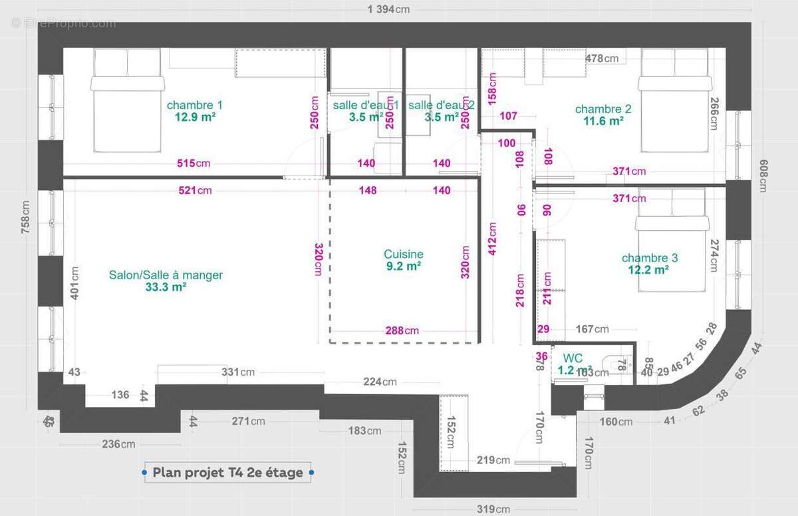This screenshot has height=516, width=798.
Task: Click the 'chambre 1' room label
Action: click(x=194, y=105)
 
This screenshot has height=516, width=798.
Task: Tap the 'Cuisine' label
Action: click(x=403, y=254)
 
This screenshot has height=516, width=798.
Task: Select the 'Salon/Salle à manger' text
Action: click(x=166, y=275)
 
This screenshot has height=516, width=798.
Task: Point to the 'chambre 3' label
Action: click(x=650, y=258)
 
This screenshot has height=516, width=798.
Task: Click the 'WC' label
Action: click(x=573, y=358)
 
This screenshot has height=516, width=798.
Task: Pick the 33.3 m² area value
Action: click(x=166, y=287)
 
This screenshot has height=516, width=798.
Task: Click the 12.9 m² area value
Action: click(x=194, y=117)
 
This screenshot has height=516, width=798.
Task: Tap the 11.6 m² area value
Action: click(x=603, y=121)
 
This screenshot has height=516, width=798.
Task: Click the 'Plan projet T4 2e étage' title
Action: click(x=228, y=473)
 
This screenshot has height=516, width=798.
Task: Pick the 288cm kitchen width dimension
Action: click(x=403, y=330)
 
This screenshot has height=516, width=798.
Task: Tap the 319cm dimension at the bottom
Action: click(x=493, y=509)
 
